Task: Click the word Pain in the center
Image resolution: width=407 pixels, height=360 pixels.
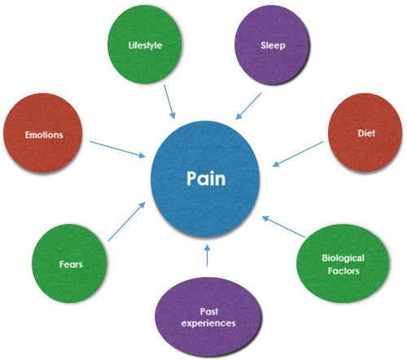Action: tap(206, 178)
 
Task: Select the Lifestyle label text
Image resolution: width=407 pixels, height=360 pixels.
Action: tap(145, 46)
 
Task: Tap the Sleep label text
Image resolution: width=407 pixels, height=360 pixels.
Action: tap(273, 46)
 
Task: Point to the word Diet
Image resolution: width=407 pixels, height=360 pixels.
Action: tap(366, 133)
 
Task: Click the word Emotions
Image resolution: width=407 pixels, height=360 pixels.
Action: tap(44, 134)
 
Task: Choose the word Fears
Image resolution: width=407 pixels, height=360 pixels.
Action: tap(71, 264)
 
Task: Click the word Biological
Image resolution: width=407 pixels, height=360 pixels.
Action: tap(344, 258)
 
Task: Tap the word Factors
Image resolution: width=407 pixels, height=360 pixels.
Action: tap(344, 270)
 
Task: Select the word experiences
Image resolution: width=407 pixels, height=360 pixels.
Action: tap(208, 323)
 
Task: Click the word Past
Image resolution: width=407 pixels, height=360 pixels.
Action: tap(209, 311)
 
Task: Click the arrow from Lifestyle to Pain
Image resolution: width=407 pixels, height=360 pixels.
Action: tap(169, 102)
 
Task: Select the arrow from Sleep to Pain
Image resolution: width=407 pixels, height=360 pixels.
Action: tap(248, 106)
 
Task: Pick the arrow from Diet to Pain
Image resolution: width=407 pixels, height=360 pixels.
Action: tap(298, 154)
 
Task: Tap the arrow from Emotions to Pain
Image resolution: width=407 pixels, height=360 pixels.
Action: tap(118, 149)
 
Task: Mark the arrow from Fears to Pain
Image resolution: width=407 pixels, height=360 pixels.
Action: tap(126, 222)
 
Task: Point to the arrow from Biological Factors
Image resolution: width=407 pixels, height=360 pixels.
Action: tap(283, 227)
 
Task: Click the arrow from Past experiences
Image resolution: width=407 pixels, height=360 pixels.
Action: tap(208, 255)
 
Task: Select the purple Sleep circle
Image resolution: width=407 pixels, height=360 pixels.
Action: tap(272, 45)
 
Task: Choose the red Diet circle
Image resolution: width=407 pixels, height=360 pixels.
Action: tap(365, 133)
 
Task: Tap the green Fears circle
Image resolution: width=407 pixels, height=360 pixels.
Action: tap(69, 263)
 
